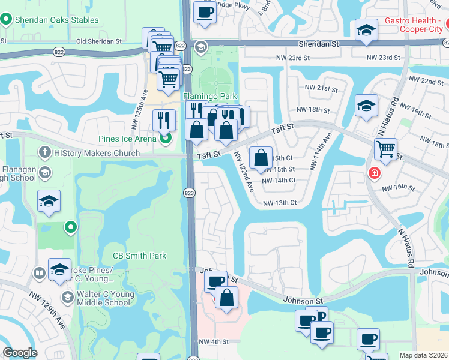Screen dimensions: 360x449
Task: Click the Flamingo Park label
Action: (x=210, y=96)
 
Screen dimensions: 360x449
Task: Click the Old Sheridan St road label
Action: (x=99, y=41)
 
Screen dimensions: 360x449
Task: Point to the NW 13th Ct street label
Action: (x=280, y=203)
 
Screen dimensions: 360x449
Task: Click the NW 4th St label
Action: (x=214, y=341)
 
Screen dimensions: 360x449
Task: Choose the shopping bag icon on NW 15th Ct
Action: (x=261, y=158)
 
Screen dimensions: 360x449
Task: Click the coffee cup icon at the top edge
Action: (x=205, y=12)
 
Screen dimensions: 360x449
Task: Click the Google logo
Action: (x=20, y=353)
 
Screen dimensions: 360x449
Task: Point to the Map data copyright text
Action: (x=423, y=355)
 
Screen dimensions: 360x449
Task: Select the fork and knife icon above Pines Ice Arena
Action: (x=163, y=120)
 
